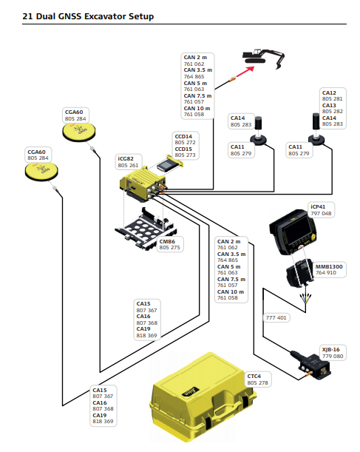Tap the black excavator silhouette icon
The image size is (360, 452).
[x=263, y=58]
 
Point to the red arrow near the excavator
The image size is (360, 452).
[x=245, y=72]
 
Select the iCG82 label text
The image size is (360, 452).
[x=126, y=158]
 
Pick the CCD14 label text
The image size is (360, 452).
[x=183, y=136]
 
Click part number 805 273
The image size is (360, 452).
[x=185, y=155]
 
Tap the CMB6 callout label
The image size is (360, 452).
[x=167, y=241]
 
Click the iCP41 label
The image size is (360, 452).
[x=318, y=206]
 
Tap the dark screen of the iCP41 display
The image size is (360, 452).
[x=296, y=230]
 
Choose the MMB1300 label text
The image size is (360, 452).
[x=329, y=266]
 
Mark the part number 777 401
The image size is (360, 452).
[x=276, y=317]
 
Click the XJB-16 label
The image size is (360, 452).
[x=330, y=350]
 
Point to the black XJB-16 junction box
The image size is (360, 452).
[x=313, y=365]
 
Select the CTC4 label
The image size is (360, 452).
[x=254, y=377]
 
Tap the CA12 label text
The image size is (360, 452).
[x=329, y=92]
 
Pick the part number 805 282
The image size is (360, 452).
[x=333, y=111]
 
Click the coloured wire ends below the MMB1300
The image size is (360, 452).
[x=305, y=298]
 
